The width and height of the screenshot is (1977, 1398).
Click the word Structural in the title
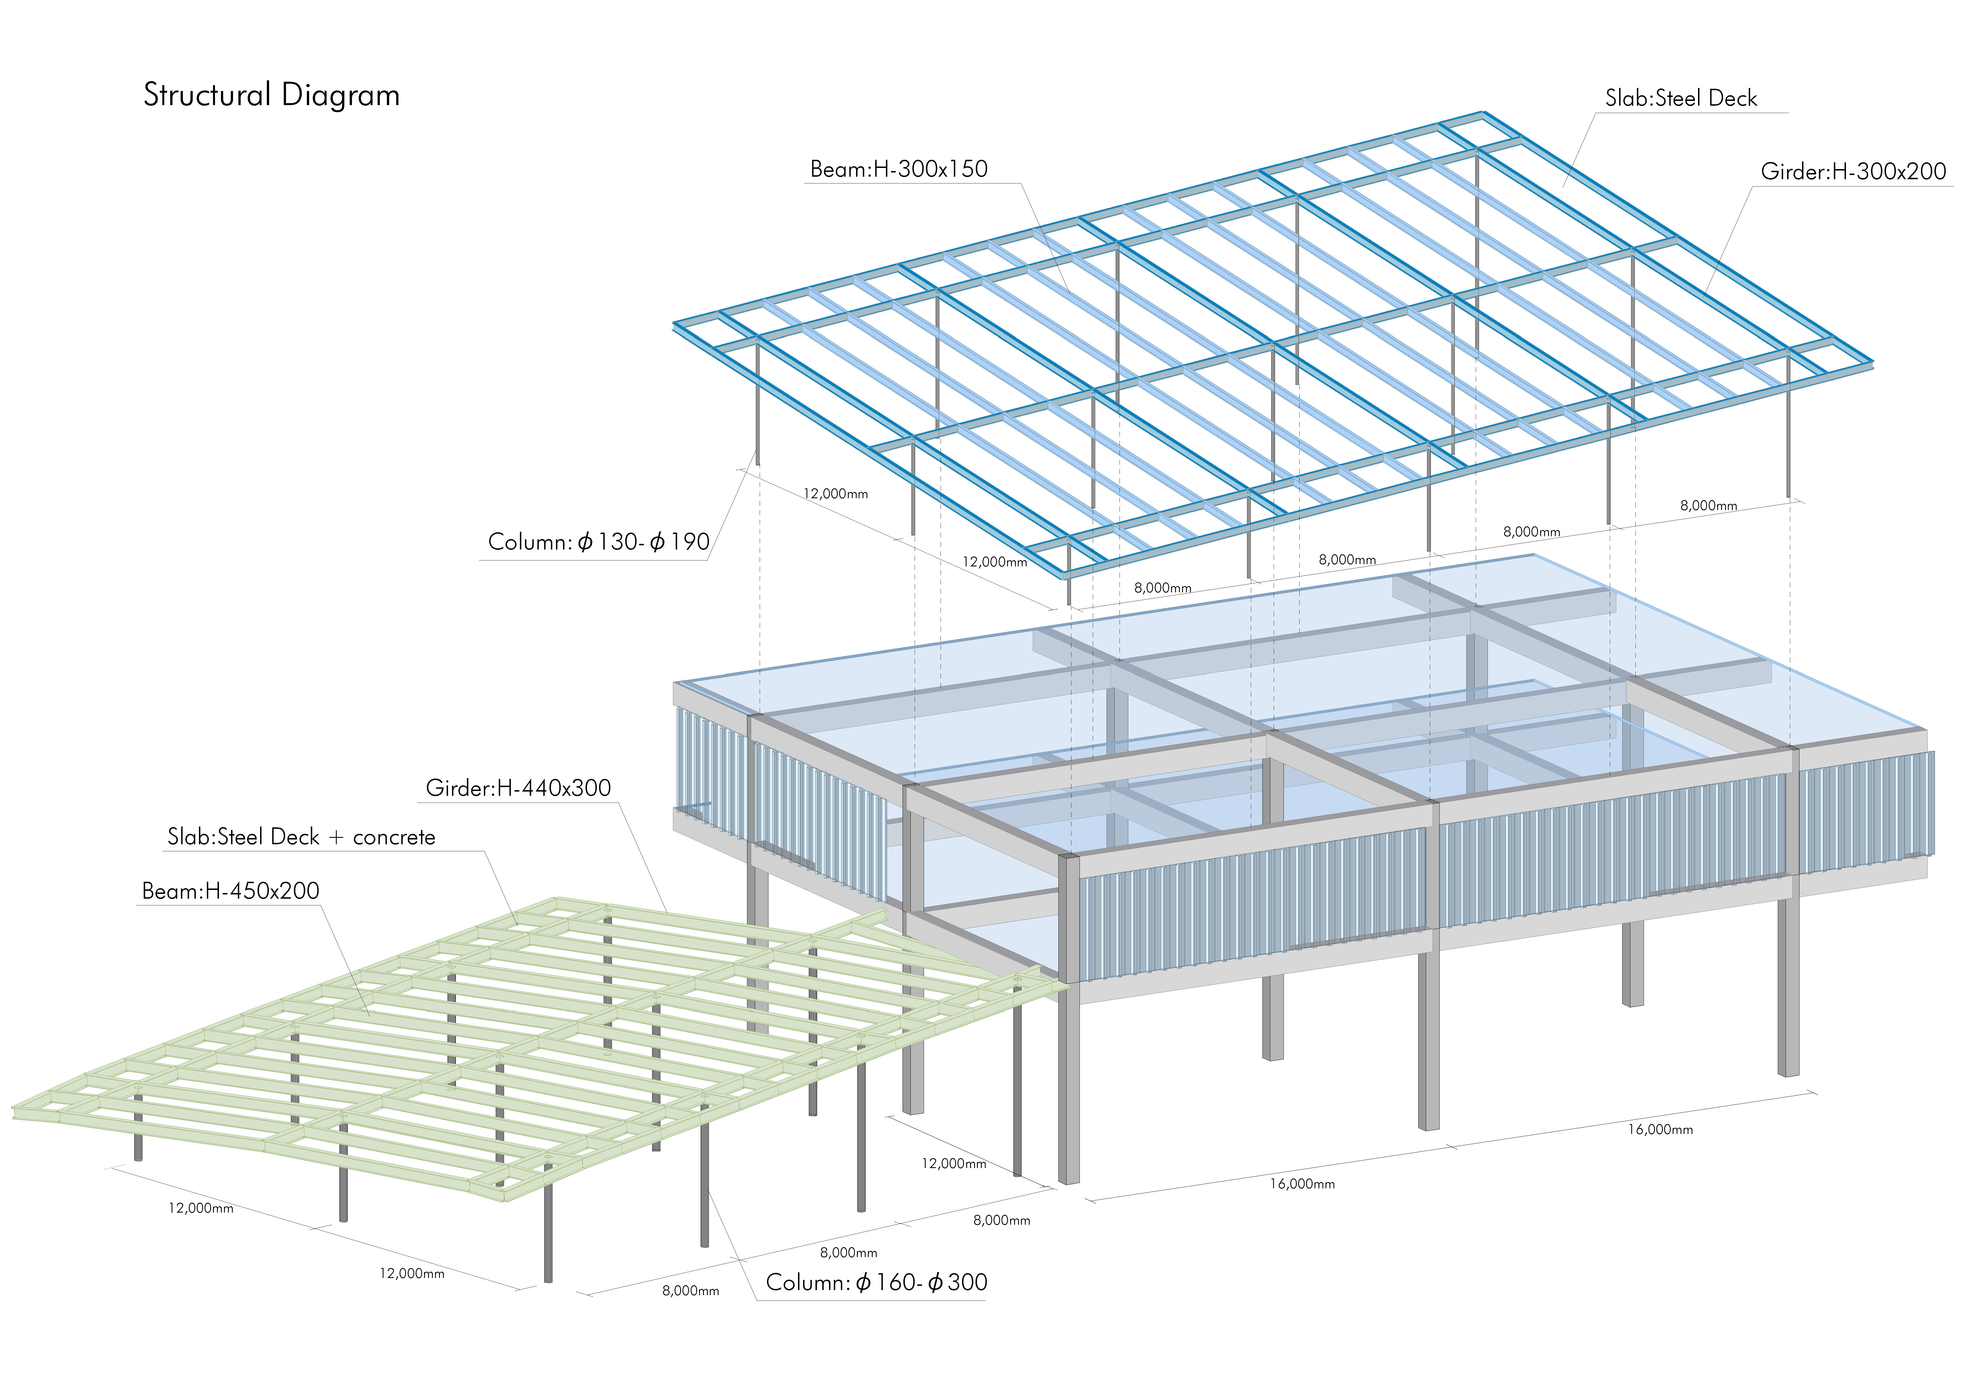pyautogui.click(x=207, y=95)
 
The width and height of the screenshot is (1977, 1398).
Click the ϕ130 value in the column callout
pyautogui.click(x=607, y=542)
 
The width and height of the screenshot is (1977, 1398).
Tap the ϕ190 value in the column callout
pyautogui.click(x=680, y=542)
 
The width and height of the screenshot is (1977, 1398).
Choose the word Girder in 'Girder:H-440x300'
pyautogui.click(x=458, y=788)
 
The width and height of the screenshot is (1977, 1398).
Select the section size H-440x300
pyautogui.click(x=554, y=788)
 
